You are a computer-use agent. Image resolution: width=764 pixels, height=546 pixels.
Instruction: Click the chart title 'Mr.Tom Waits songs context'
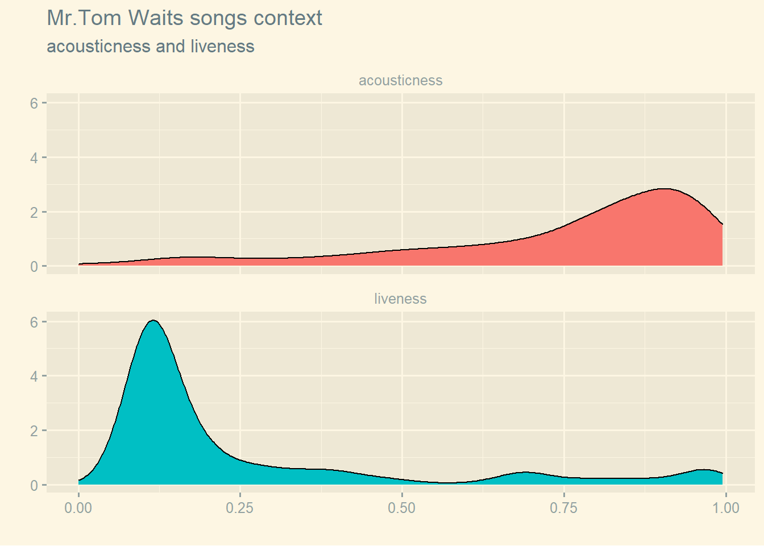click(x=184, y=18)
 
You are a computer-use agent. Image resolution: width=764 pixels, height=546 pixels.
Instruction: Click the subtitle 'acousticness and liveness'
click(x=150, y=46)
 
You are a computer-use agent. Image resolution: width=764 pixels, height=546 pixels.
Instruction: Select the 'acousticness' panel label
click(x=400, y=81)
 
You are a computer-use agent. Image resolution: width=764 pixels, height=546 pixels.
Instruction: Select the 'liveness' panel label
click(x=400, y=299)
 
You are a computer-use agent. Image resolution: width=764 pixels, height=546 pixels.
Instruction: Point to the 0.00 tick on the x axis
click(x=78, y=508)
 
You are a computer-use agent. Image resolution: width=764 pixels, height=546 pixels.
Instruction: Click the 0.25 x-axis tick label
click(x=240, y=508)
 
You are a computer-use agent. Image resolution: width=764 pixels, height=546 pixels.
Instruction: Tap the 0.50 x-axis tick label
click(x=402, y=508)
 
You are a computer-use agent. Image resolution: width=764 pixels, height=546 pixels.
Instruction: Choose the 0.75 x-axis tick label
click(x=563, y=508)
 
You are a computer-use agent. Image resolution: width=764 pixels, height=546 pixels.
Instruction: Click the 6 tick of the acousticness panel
click(x=34, y=103)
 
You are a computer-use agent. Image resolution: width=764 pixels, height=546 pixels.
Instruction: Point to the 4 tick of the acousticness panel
click(x=34, y=158)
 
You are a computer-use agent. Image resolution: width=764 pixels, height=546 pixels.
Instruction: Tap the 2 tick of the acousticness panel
click(x=34, y=212)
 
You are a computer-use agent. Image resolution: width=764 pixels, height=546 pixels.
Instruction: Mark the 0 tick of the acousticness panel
click(x=34, y=266)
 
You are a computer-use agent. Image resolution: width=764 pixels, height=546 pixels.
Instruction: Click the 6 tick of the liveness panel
click(x=34, y=322)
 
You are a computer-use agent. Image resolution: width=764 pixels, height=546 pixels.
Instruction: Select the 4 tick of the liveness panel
click(x=34, y=377)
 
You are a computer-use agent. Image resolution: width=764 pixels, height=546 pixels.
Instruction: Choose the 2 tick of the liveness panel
click(x=34, y=431)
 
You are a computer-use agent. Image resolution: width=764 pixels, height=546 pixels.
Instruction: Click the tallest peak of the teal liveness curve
click(x=153, y=321)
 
